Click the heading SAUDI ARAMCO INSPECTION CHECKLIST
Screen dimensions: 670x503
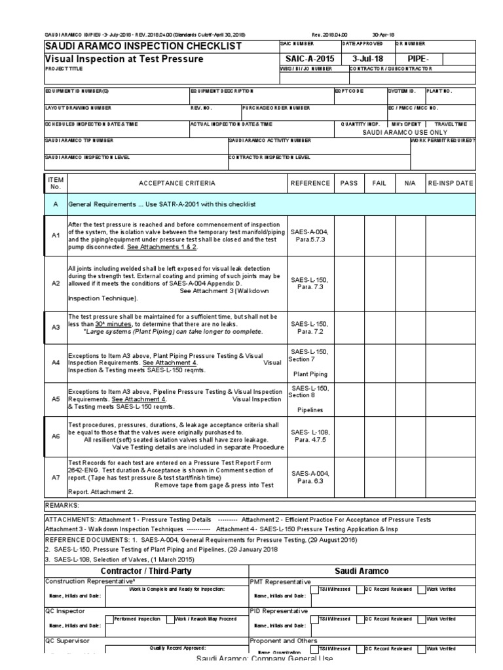tap(142, 46)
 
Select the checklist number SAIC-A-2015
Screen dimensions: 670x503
tap(307, 59)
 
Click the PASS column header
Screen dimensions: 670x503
tap(349, 183)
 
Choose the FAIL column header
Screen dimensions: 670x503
tap(379, 183)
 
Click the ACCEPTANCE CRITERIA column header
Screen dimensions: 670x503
tap(176, 183)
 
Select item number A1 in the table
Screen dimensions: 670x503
tap(56, 235)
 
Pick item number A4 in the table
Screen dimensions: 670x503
tap(56, 362)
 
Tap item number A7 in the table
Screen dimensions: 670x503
tap(56, 478)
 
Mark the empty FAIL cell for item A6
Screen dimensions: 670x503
tap(379, 436)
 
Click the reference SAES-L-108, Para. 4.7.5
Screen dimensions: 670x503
tap(310, 436)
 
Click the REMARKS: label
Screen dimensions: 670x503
tap(62, 506)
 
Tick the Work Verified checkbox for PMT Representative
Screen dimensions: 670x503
tap(422, 590)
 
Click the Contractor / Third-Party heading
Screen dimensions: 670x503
tap(145, 571)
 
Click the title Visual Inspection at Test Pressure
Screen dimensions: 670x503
tap(124, 59)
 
